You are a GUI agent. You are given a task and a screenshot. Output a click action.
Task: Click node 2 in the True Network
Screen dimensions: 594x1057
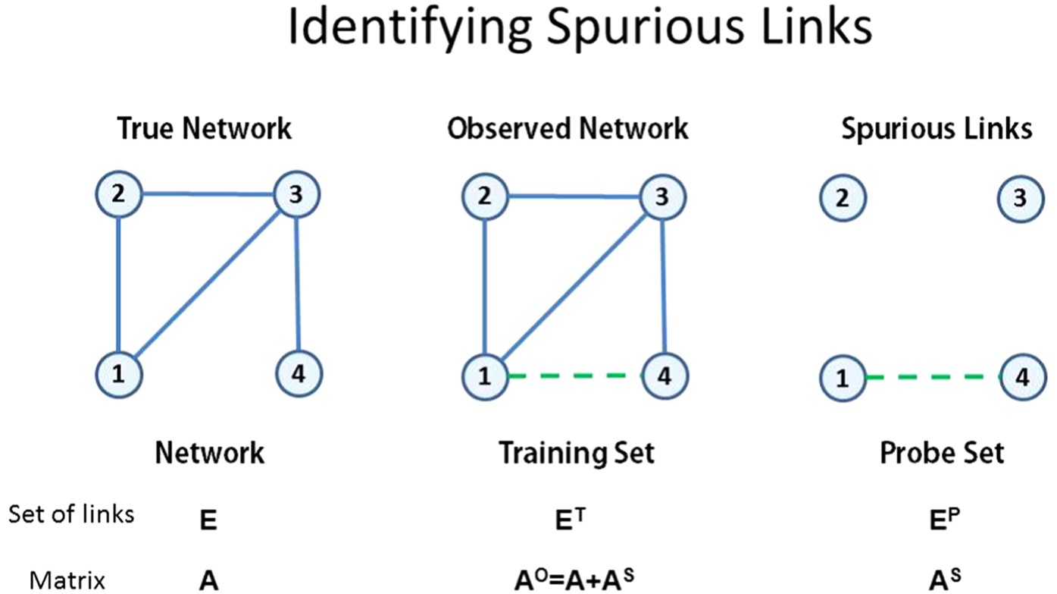[120, 195]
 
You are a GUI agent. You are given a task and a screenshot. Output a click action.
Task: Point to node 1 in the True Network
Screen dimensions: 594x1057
[120, 373]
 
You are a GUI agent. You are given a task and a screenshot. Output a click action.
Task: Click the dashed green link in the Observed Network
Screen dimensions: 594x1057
[574, 375]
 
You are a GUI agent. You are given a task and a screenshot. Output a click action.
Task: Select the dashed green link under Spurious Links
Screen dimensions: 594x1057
[931, 376]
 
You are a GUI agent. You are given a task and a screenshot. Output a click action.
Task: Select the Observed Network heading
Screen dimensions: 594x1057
[568, 129]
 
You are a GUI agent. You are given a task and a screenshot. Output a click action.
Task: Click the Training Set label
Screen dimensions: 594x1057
[576, 453]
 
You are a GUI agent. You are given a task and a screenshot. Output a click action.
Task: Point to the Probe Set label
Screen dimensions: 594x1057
[941, 453]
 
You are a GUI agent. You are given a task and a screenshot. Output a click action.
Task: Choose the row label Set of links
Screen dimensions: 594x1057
[71, 514]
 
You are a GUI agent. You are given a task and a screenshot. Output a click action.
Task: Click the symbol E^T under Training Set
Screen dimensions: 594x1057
[574, 520]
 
